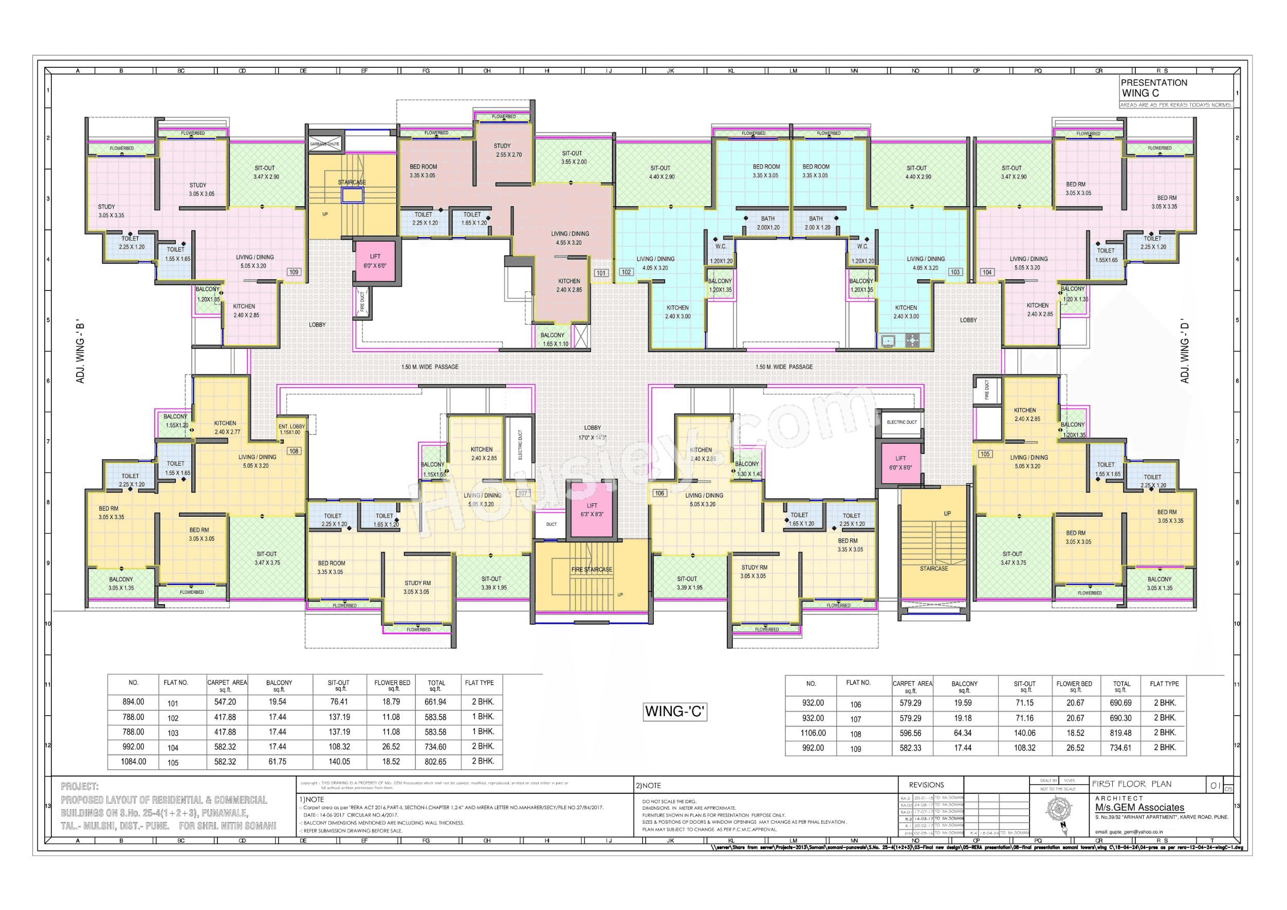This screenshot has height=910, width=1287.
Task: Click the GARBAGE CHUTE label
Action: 324,144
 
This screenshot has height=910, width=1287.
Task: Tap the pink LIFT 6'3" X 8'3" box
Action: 592,509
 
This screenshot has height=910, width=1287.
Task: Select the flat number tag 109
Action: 293,272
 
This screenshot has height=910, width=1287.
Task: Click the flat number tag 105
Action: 985,454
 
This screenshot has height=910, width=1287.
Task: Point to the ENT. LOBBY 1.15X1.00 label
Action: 291,429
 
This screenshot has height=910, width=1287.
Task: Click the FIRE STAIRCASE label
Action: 592,570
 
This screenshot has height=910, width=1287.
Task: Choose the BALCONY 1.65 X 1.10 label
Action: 554,339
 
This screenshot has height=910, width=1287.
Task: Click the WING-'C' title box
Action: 675,712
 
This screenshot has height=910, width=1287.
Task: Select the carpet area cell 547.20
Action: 225,702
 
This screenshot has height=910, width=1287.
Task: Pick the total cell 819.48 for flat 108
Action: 1120,733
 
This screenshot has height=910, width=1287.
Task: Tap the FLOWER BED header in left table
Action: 392,685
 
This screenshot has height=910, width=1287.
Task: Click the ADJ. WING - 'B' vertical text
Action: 80,353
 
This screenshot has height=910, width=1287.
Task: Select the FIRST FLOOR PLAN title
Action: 1131,784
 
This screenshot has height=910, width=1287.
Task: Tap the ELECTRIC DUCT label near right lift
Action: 902,422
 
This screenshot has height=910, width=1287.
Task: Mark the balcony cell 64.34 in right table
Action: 963,733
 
